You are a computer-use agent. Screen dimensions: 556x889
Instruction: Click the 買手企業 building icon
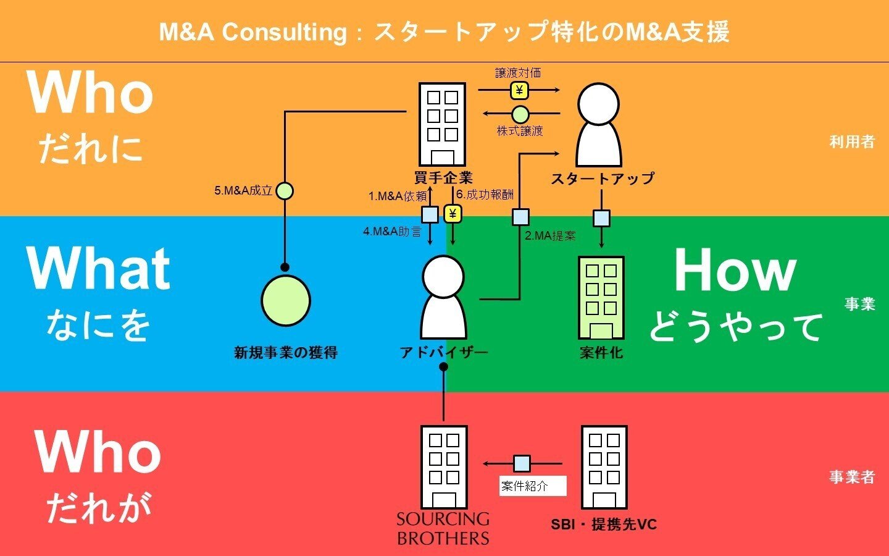point(442,124)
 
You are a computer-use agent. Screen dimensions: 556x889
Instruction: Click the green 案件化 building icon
point(601,298)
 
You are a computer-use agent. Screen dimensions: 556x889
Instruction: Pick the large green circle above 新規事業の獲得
point(285,300)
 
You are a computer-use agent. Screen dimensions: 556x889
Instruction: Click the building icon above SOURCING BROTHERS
point(444,466)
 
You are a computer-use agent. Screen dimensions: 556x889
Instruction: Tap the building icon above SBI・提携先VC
point(604,466)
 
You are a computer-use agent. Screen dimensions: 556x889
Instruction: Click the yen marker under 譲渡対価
point(519,91)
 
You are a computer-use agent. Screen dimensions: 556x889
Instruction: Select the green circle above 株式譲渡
point(520,114)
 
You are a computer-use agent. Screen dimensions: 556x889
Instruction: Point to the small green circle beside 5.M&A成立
point(285,191)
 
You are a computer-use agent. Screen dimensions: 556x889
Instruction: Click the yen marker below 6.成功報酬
point(453,214)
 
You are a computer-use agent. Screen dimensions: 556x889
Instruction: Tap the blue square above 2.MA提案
point(520,217)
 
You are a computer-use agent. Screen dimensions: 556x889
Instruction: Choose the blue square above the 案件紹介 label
point(522,463)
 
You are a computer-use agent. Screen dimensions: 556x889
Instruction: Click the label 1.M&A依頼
point(398,196)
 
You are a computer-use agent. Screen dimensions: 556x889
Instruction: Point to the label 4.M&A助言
point(393,232)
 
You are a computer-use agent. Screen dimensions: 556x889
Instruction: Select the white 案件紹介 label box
point(532,486)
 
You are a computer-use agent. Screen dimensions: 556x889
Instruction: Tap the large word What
point(98,269)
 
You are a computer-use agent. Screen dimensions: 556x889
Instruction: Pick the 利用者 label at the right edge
point(852,142)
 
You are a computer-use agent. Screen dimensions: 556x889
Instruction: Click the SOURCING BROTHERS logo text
point(443,528)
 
